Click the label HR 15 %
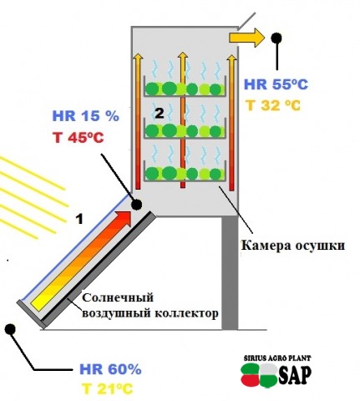[x=86, y=116]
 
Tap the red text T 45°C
[x=79, y=138]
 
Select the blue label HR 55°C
[x=276, y=84]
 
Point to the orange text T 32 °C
[x=273, y=105]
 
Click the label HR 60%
[x=110, y=369]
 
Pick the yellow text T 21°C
[x=107, y=388]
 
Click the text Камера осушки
[x=293, y=246]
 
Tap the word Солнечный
[x=118, y=297]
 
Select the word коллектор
[x=186, y=314]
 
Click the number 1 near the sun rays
[x=79, y=220]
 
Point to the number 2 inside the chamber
[x=160, y=114]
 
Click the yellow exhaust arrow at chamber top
[x=246, y=37]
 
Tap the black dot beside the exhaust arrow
[x=276, y=38]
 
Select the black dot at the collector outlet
[x=136, y=205]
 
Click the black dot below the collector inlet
[x=10, y=328]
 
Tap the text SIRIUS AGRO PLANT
[x=277, y=358]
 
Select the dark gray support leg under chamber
[x=230, y=273]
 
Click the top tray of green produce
[x=185, y=89]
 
